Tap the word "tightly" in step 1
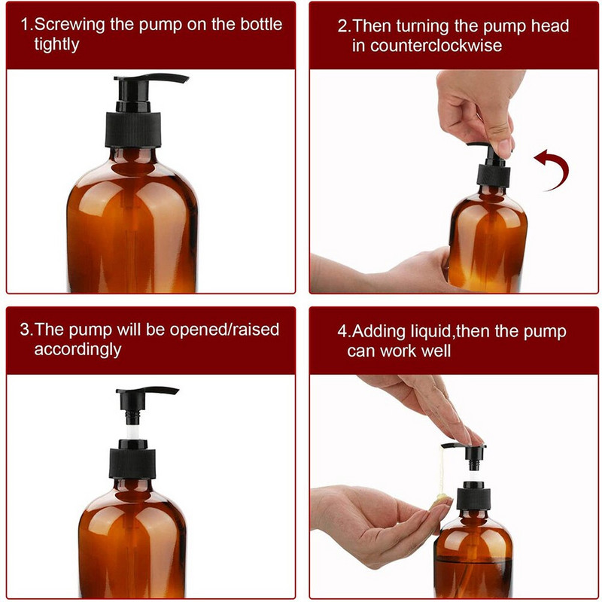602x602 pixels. click(x=56, y=45)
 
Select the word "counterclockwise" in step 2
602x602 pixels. click(x=436, y=46)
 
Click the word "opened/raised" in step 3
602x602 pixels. click(x=224, y=330)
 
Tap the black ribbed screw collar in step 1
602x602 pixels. click(x=133, y=129)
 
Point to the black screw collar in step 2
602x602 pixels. click(x=494, y=175)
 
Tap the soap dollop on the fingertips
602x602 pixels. click(x=442, y=498)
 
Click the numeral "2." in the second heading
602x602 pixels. click(x=345, y=26)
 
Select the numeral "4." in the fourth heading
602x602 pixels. click(x=345, y=331)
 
